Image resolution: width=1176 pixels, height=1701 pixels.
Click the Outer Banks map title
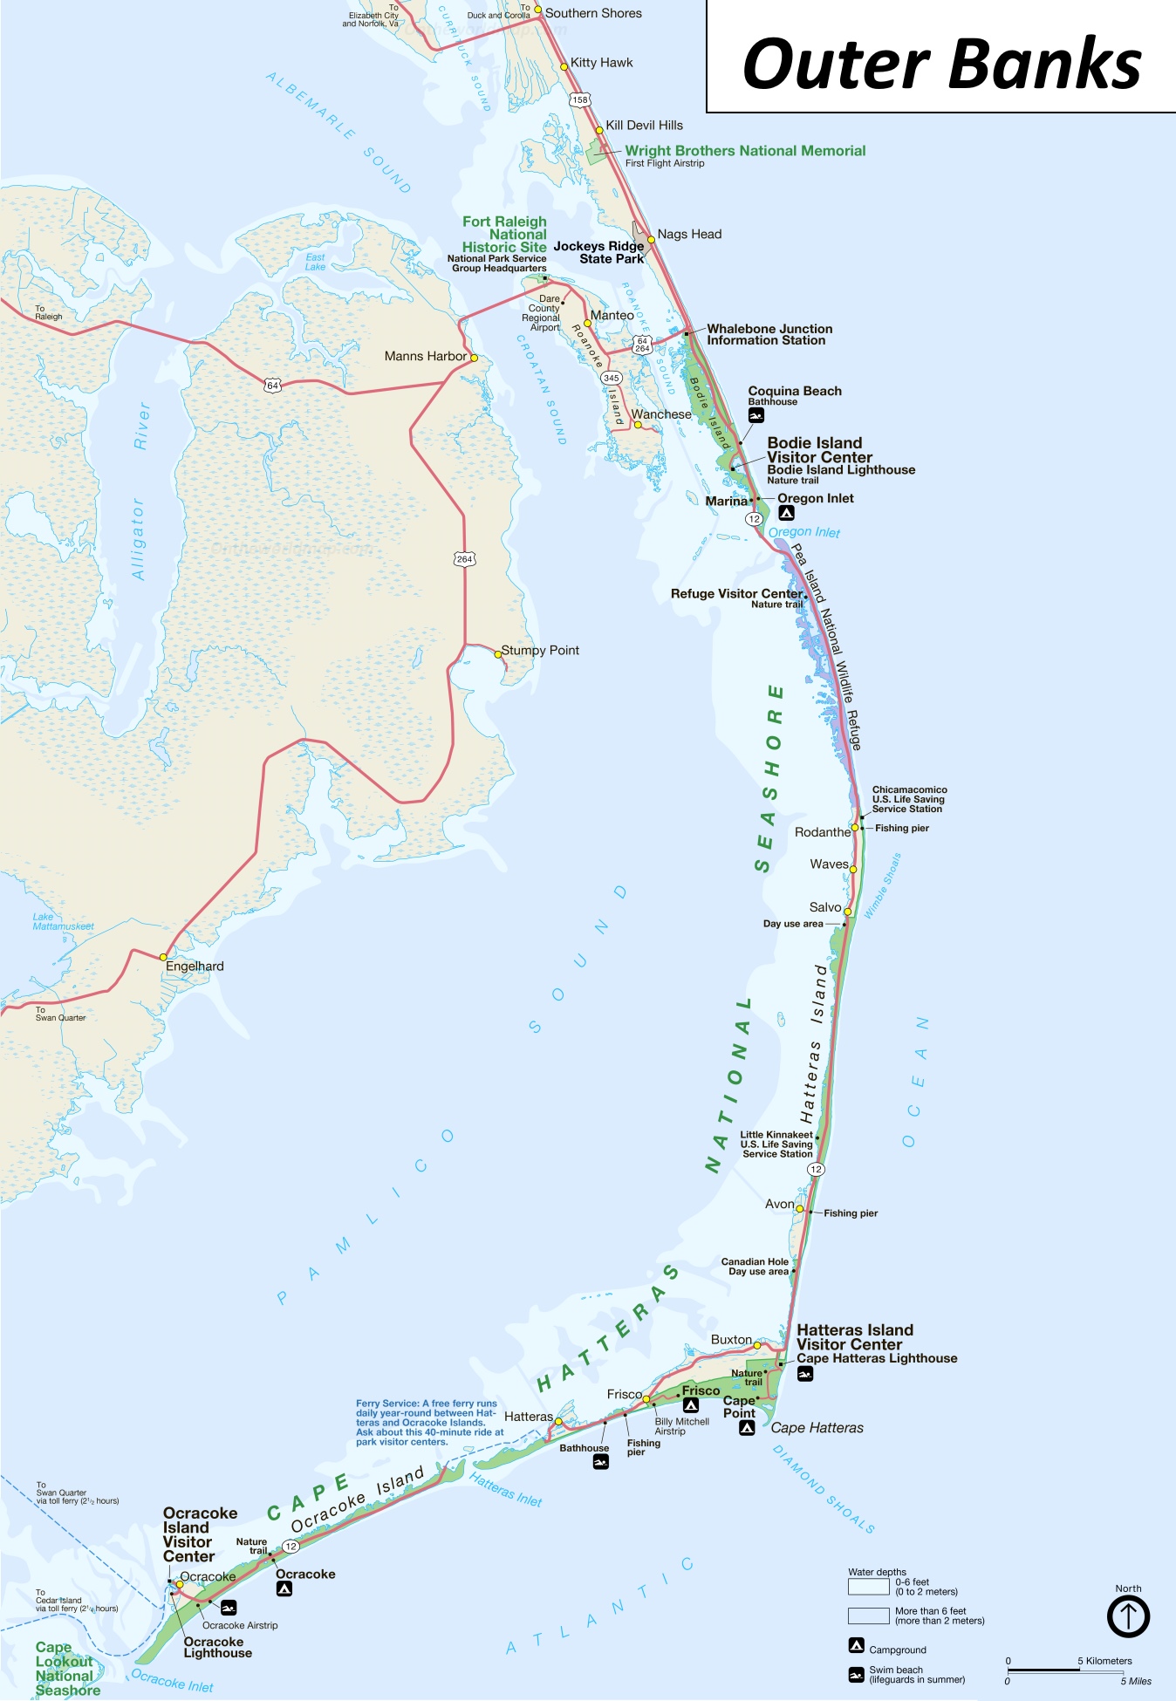pos(941,64)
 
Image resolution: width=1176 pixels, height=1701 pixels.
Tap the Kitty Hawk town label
pos(601,63)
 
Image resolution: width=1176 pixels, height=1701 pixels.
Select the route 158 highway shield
pos(580,99)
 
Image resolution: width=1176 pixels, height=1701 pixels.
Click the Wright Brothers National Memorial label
pos(745,151)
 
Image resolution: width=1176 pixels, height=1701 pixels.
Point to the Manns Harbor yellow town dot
pos(474,358)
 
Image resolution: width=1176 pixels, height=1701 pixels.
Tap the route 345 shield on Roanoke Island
pos(611,379)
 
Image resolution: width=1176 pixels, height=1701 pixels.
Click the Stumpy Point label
pos(540,650)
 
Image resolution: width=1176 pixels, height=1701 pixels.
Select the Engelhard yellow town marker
pos(163,957)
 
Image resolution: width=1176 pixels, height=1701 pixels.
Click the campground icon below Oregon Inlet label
pos(786,514)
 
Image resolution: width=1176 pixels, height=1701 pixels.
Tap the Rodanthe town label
pos(822,832)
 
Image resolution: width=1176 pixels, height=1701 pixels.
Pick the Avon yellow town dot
pos(799,1209)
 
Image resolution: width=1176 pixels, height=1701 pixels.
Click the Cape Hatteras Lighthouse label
pos(877,1358)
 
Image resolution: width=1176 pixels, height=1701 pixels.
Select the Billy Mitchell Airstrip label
pos(681,1426)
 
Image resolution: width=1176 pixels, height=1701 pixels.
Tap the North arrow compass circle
pos(1128,1616)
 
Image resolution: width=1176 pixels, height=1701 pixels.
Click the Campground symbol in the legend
pos(857,1646)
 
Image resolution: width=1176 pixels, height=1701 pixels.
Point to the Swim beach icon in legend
pos(857,1674)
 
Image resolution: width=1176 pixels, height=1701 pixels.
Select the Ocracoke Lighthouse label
pos(217,1647)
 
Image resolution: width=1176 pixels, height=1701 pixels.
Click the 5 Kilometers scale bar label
pos(1104,1661)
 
